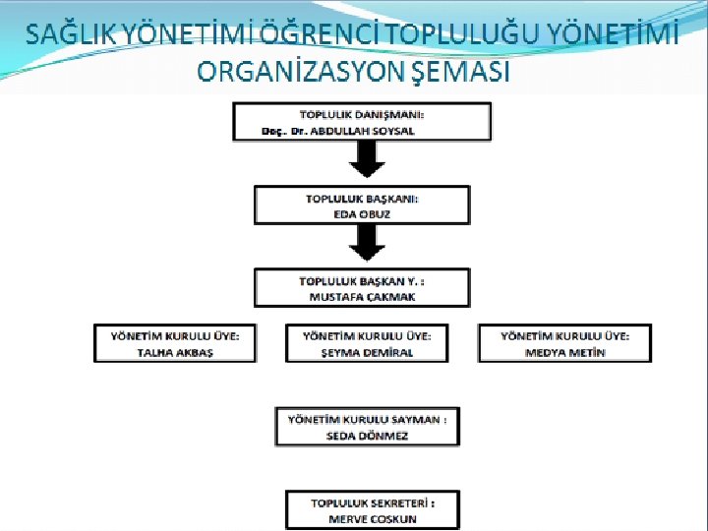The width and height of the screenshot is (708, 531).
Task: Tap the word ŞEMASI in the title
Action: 464,72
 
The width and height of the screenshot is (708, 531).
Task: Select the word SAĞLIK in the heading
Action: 71,35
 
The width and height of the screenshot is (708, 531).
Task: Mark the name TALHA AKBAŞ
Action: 174,352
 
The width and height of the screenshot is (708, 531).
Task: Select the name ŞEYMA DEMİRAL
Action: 365,352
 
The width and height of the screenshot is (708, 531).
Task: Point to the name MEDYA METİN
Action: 564,352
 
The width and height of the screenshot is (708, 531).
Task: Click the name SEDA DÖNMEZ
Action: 366,436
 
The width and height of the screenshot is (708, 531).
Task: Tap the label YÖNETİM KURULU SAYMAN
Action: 367,419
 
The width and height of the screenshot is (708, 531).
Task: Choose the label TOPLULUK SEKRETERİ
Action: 372,502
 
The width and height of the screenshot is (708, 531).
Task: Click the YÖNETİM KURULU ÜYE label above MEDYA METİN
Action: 564,335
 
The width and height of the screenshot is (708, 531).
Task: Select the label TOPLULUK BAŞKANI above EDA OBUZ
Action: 362,198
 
